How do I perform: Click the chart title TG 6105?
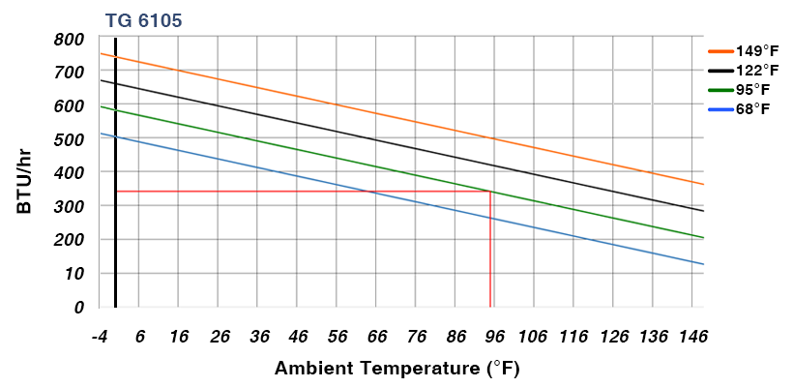tap(142, 20)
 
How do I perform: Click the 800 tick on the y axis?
tap(70, 40)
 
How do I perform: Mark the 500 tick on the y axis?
tap(70, 139)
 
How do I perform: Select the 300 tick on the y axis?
tap(70, 206)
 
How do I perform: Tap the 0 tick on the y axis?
tap(78, 307)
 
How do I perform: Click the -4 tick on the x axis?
tap(99, 337)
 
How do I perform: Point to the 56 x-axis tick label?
tap(338, 337)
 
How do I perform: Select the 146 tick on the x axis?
tap(693, 337)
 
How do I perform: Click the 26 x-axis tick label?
tap(220, 337)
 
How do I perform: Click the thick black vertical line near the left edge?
tap(115, 174)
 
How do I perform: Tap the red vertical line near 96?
tap(490, 252)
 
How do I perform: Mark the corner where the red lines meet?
tap(490, 192)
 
